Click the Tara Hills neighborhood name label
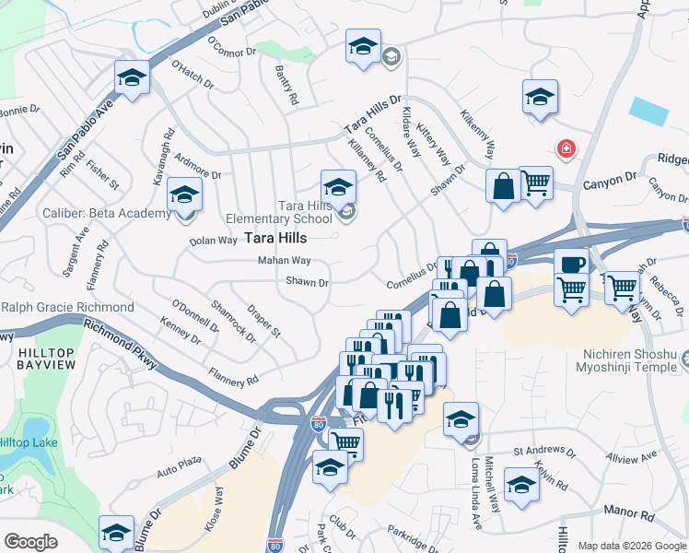point(276,238)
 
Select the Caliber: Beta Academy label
point(107,214)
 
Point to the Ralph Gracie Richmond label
point(68,307)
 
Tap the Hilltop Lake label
point(31,443)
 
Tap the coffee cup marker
point(571,264)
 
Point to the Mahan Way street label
point(285,261)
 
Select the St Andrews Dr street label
point(543,453)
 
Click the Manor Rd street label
point(628,510)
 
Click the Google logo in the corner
point(30,542)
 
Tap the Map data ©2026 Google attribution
point(632,546)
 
